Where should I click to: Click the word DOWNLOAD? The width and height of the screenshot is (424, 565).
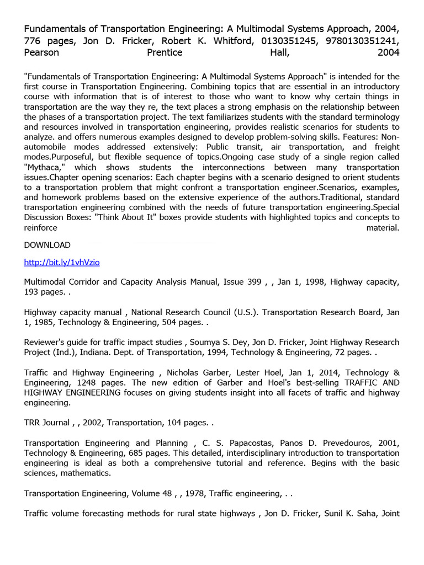(47, 245)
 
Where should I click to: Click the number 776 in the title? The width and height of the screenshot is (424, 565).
(33, 40)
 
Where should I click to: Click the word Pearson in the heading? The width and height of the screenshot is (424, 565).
(41, 52)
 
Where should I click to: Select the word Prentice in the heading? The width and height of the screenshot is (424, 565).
(165, 52)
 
